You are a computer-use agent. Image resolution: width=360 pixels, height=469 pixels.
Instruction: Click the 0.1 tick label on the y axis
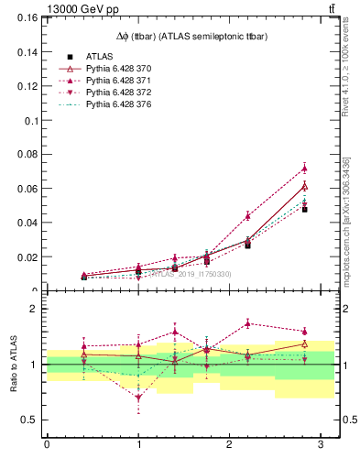pos(31,120)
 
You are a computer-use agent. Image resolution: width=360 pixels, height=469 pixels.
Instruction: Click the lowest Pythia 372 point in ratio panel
pos(138,398)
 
